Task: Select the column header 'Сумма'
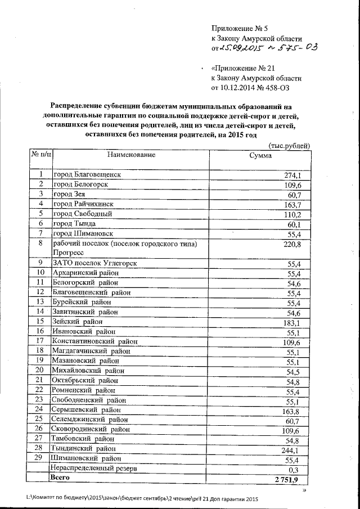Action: tap(260, 156)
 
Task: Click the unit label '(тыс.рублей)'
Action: tap(289, 145)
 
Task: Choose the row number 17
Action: tap(40, 341)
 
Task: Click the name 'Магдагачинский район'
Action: tap(91, 350)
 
